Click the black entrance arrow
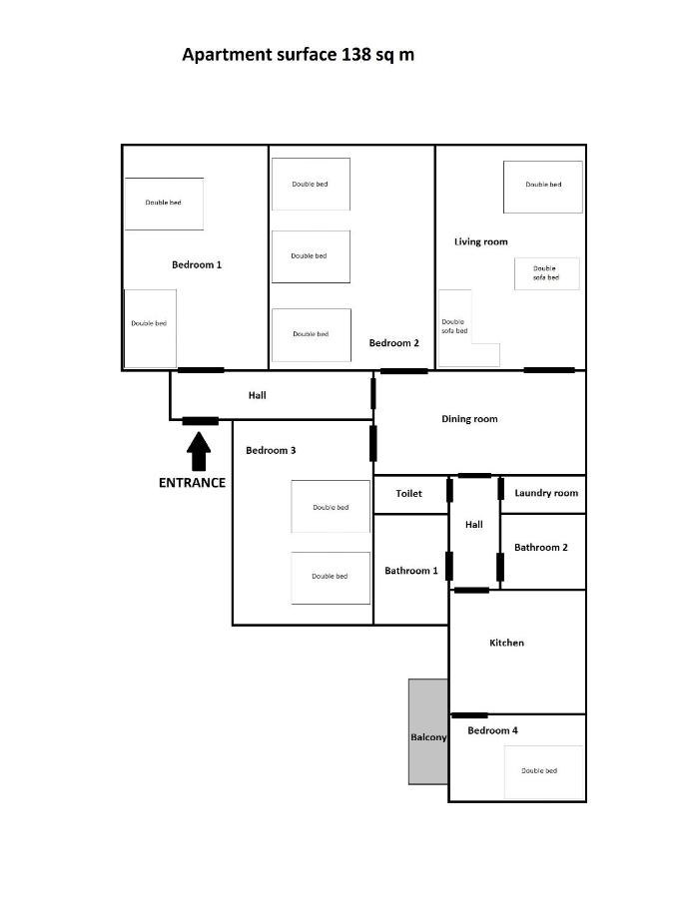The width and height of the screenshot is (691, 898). [199, 451]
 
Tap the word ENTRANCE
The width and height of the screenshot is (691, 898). [192, 483]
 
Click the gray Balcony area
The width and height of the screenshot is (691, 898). [428, 731]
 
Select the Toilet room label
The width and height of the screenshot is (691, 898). [408, 493]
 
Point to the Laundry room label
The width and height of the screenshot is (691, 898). [546, 493]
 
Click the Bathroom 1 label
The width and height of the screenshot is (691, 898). [410, 571]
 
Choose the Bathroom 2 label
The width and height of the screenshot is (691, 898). [541, 547]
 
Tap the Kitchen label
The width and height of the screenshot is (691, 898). [506, 643]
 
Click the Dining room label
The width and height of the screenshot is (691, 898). [469, 419]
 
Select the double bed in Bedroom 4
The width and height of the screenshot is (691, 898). [544, 771]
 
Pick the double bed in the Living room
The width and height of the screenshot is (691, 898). [543, 187]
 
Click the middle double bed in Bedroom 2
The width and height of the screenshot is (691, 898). [311, 256]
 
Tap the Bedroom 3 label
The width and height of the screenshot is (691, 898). [271, 450]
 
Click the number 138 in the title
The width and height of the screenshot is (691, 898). [356, 55]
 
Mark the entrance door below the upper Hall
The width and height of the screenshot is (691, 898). [201, 421]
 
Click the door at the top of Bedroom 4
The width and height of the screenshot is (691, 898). [470, 715]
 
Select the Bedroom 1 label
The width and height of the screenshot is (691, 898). [197, 264]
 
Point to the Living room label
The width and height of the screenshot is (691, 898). [480, 241]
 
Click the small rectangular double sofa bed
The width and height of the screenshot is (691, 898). [546, 273]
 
